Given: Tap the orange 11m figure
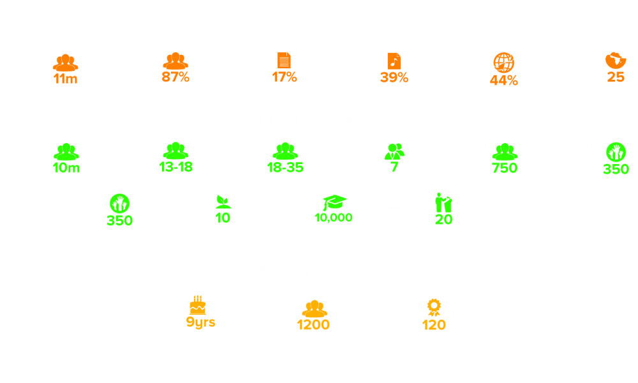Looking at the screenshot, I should [x=65, y=79].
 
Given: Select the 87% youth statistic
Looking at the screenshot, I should [x=175, y=78].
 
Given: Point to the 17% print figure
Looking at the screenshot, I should [x=284, y=78].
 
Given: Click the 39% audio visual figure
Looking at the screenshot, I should [x=394, y=78].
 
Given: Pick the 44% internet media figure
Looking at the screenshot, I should [x=503, y=80].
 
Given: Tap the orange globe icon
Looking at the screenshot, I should [x=504, y=63].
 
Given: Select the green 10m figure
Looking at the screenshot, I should [x=66, y=168].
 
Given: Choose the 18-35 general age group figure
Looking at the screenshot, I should [x=285, y=168].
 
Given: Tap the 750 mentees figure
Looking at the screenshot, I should [x=505, y=169].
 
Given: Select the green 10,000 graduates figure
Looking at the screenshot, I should [x=333, y=218].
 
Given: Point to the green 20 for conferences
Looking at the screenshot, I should [x=443, y=219].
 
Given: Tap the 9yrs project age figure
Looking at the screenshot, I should [x=200, y=322].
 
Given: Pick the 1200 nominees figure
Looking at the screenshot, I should [x=313, y=324].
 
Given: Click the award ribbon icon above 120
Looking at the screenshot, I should [x=434, y=308].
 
